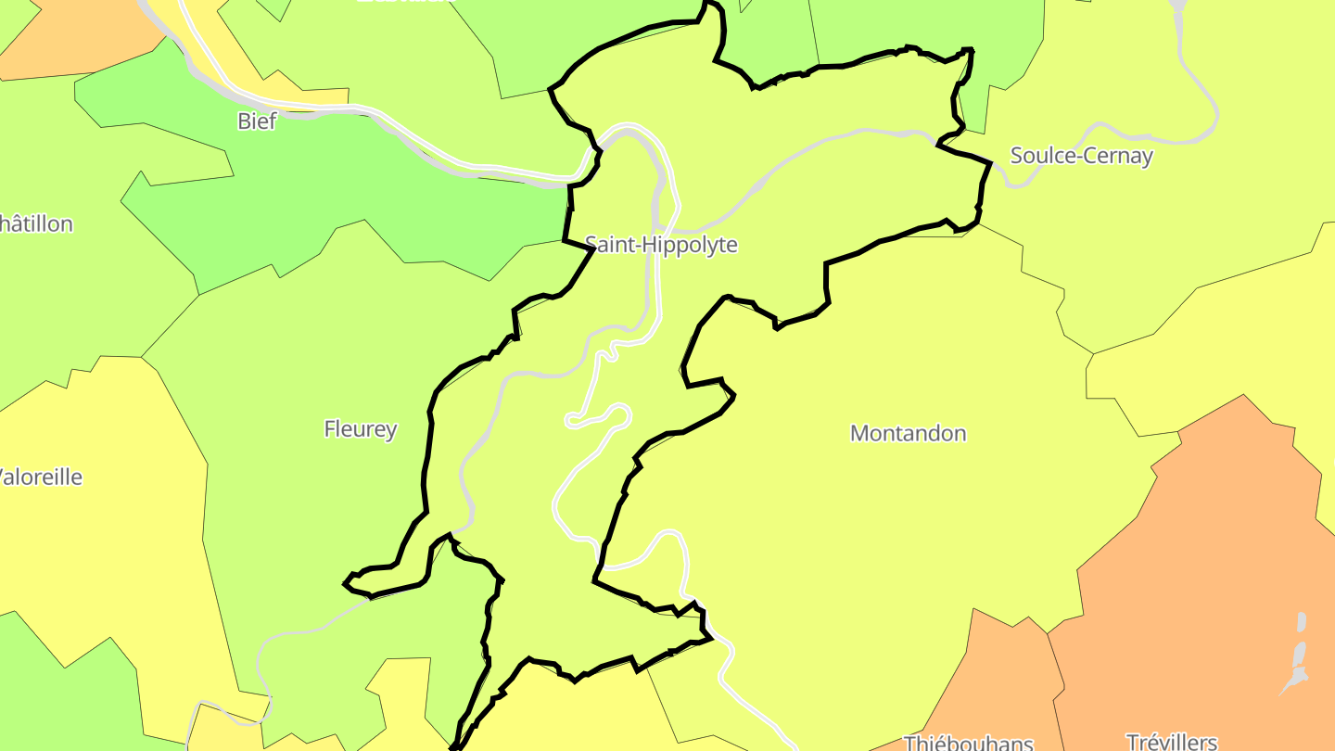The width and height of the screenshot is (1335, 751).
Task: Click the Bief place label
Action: pyautogui.click(x=257, y=121)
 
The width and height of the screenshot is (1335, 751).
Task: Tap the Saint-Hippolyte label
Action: pyautogui.click(x=661, y=245)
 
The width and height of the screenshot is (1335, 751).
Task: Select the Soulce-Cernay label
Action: pyautogui.click(x=1081, y=156)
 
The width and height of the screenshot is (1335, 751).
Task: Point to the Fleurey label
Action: pyautogui.click(x=361, y=428)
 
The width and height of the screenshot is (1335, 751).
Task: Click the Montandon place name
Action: pyautogui.click(x=908, y=433)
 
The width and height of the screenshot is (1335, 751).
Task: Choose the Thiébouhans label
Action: pyautogui.click(x=968, y=742)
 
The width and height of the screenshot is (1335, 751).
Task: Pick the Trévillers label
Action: pyautogui.click(x=1171, y=741)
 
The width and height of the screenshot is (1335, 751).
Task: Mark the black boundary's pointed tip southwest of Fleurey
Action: pyautogui.click(x=346, y=583)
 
